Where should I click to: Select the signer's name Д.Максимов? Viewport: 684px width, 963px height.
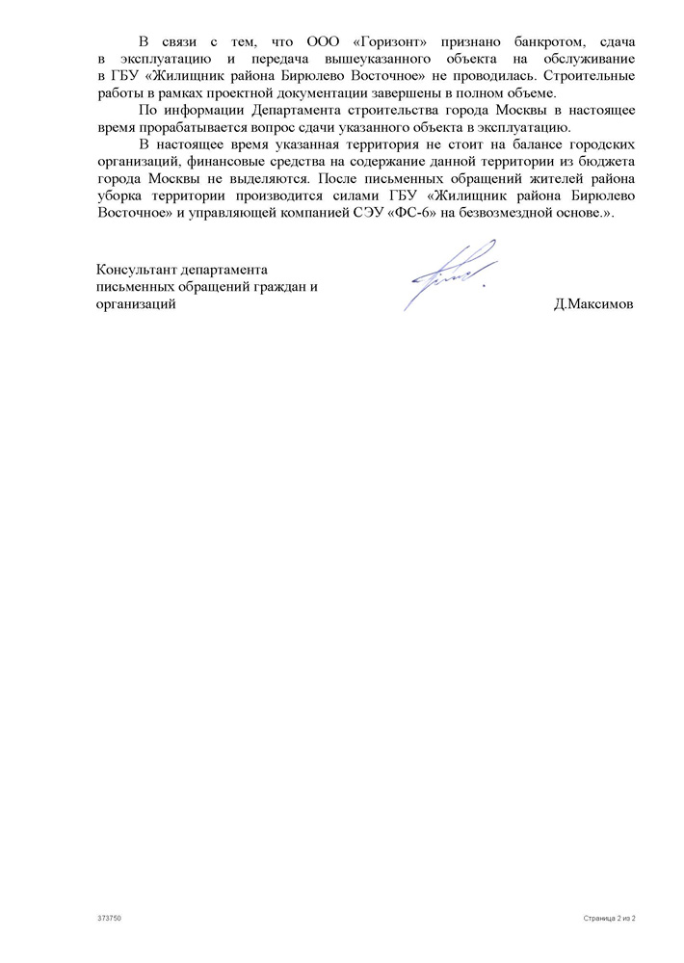click(x=593, y=305)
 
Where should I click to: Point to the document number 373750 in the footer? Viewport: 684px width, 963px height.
click(x=108, y=919)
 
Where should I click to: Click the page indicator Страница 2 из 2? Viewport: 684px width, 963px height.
click(x=610, y=919)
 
